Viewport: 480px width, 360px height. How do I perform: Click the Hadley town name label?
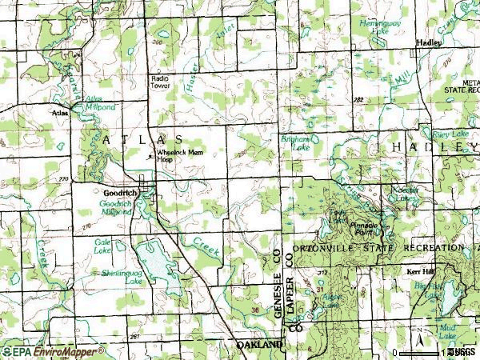tap(429, 44)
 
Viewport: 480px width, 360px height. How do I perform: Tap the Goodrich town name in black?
tap(118, 194)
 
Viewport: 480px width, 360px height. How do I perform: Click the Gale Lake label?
tap(102, 246)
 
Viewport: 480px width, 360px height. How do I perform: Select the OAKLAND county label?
tap(260, 344)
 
